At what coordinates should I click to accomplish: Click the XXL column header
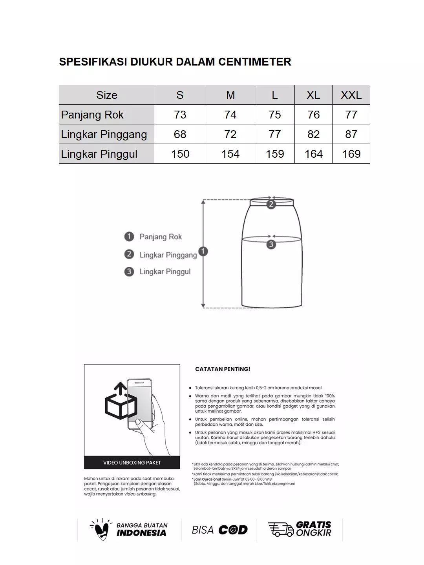pyautogui.click(x=351, y=95)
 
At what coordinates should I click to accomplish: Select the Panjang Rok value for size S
pyautogui.click(x=180, y=115)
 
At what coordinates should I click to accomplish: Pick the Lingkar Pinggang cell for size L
pyautogui.click(x=274, y=134)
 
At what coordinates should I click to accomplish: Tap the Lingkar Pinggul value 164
pyautogui.click(x=313, y=154)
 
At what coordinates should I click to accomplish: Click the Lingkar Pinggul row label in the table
pyautogui.click(x=99, y=154)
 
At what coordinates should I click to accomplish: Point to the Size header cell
pyautogui.click(x=106, y=95)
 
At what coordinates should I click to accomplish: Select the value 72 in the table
pyautogui.click(x=230, y=134)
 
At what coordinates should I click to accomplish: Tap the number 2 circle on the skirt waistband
pyautogui.click(x=271, y=204)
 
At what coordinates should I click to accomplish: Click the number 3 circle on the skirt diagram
pyautogui.click(x=271, y=244)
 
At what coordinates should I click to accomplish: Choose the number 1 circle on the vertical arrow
pyautogui.click(x=203, y=251)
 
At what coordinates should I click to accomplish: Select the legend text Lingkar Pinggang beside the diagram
pyautogui.click(x=168, y=255)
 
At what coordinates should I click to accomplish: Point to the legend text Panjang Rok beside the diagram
pyautogui.click(x=161, y=237)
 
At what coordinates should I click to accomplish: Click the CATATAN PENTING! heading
pyautogui.click(x=223, y=369)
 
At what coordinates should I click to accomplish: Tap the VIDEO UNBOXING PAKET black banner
pyautogui.click(x=132, y=463)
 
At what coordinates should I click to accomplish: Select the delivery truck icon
pyautogui.click(x=280, y=529)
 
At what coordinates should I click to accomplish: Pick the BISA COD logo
pyautogui.click(x=219, y=530)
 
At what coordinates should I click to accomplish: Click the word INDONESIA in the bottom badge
pyautogui.click(x=141, y=533)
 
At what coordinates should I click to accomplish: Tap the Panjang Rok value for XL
pyautogui.click(x=313, y=115)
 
